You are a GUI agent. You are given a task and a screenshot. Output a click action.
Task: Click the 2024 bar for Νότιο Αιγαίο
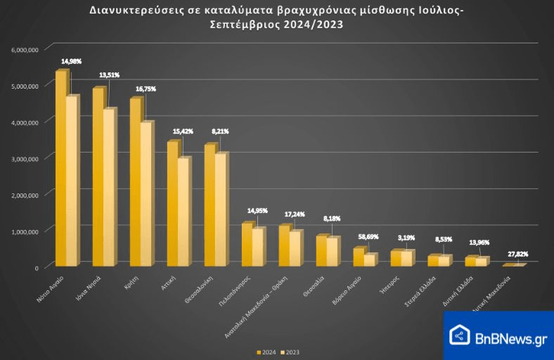pos(60,169)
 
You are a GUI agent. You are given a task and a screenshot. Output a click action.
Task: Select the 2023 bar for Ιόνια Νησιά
pos(108,188)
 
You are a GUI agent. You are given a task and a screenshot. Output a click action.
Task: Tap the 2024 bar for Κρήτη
pos(135,183)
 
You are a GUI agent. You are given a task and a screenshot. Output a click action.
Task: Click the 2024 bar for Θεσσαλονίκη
pos(210,205)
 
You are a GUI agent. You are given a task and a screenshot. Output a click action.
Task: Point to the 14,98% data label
pos(71,62)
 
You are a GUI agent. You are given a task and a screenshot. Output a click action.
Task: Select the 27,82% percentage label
pos(517,254)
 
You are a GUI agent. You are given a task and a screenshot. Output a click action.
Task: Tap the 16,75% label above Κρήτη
pos(146,89)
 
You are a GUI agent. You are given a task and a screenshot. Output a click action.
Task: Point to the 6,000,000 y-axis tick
pos(25,50)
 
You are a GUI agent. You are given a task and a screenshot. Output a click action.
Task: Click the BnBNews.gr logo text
pos(511,338)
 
